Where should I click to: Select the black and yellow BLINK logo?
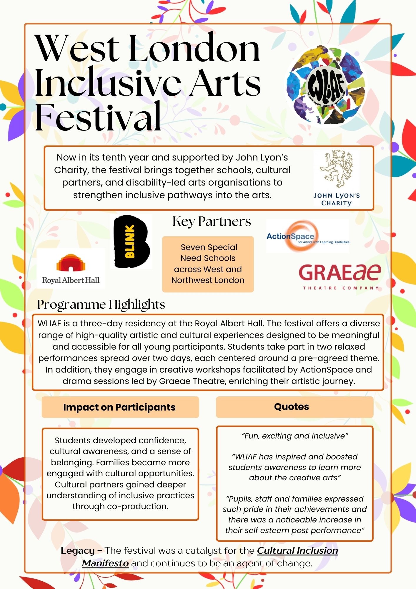[131, 241]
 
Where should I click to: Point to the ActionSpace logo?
[307, 236]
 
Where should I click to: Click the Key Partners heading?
[212, 221]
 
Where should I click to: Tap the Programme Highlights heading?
[101, 305]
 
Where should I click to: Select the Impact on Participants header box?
[120, 407]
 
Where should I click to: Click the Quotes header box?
[294, 407]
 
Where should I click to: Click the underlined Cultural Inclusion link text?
[297, 550]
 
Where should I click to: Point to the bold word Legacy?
[78, 550]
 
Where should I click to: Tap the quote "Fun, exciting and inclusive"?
[295, 436]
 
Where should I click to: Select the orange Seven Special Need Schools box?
[208, 264]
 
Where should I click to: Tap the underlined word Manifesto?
[105, 563]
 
